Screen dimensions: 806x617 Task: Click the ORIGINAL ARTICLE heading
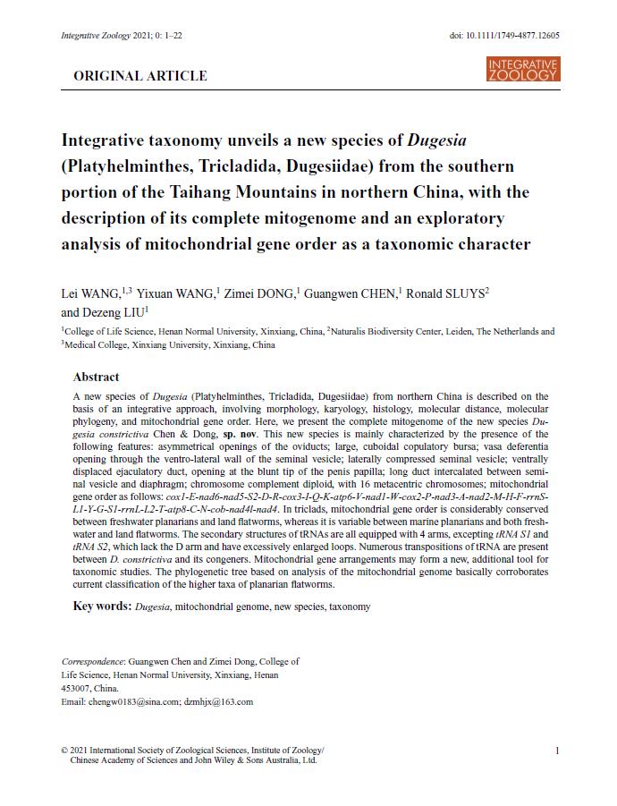pyautogui.click(x=140, y=76)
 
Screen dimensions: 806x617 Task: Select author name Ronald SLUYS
pyautogui.click(x=448, y=293)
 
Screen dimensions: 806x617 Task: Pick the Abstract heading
pyautogui.click(x=96, y=377)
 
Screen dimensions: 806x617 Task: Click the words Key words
pyautogui.click(x=101, y=607)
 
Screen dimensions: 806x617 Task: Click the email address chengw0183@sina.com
pyautogui.click(x=134, y=702)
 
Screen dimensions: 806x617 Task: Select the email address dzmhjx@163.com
pyautogui.click(x=219, y=702)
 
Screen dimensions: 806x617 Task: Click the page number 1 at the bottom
pyautogui.click(x=557, y=751)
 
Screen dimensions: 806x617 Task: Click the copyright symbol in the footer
pyautogui.click(x=63, y=751)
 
